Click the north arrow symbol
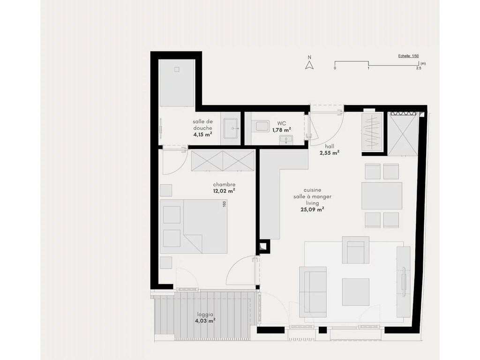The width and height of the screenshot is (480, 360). coord(309,65)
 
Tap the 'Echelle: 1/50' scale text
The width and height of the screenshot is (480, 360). coord(408,56)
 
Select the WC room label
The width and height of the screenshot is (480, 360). coord(282,123)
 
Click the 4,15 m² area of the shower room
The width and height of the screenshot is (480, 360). coord(202,135)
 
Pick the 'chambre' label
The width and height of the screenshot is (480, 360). coord(224,185)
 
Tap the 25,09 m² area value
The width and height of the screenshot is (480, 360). coord(312,210)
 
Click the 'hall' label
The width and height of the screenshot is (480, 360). coord(330,146)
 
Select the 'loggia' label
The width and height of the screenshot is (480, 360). coord(205,315)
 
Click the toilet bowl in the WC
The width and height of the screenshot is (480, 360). coord(261,126)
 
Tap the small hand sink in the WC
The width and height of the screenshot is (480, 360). coord(286,140)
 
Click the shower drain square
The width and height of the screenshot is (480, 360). coord(177,69)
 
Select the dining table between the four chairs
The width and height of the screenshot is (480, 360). coord(382,196)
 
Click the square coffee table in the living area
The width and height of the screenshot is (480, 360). coord(355,292)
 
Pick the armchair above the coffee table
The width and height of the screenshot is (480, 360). coord(355,250)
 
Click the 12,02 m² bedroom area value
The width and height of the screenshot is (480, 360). coord(224,191)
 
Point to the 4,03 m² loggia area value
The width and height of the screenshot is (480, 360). coord(205,321)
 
